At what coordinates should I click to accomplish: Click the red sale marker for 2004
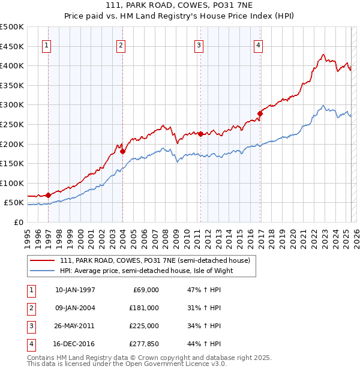click(122, 151)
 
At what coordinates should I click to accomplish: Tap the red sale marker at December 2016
click(260, 113)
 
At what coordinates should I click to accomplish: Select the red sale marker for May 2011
click(200, 134)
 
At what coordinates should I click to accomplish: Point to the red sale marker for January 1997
click(48, 195)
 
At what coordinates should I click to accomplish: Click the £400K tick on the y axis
click(12, 65)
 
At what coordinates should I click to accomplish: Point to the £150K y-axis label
click(12, 163)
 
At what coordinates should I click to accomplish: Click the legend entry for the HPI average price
click(146, 271)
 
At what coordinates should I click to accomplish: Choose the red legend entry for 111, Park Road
click(158, 260)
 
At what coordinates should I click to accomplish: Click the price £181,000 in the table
click(143, 308)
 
